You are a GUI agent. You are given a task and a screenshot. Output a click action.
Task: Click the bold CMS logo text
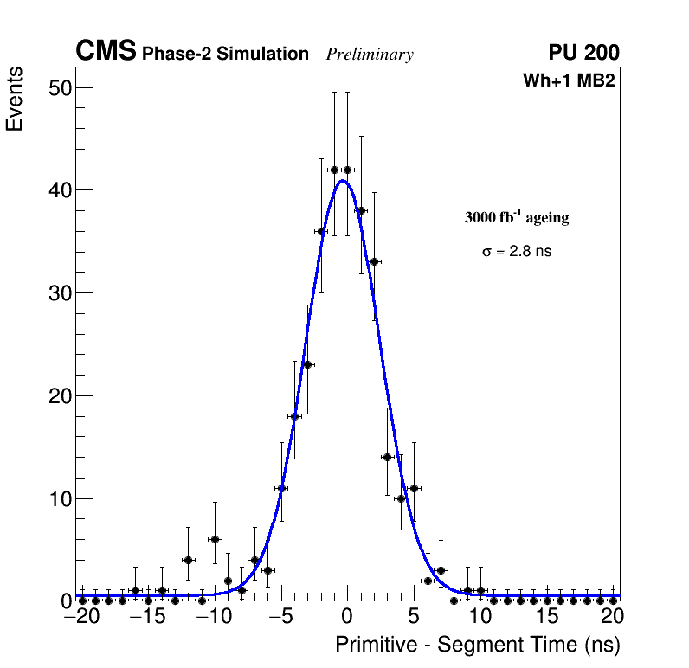[x=106, y=52]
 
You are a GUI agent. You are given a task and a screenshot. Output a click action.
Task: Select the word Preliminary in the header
[x=370, y=55]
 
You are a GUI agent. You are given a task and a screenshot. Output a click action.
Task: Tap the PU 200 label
[x=583, y=53]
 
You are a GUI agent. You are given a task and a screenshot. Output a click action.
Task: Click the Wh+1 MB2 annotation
[x=569, y=81]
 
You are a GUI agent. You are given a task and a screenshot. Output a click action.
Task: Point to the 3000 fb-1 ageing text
[x=517, y=217]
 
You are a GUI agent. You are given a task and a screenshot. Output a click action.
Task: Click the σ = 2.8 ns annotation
[x=517, y=252]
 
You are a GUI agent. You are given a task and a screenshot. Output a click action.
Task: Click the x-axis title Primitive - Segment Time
[x=478, y=645]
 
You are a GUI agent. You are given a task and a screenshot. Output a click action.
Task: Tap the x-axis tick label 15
[x=546, y=618]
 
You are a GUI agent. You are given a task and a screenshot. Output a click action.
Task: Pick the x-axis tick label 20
[x=613, y=618]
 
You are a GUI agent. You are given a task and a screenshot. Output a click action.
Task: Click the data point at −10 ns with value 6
[x=215, y=539]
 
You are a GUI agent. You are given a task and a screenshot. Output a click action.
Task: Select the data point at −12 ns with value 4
[x=188, y=560]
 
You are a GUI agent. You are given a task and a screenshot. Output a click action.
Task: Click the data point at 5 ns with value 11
[x=414, y=488]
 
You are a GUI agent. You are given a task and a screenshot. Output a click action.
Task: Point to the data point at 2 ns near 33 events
[x=374, y=261]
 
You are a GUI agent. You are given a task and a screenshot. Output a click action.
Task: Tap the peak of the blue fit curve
[x=343, y=181]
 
